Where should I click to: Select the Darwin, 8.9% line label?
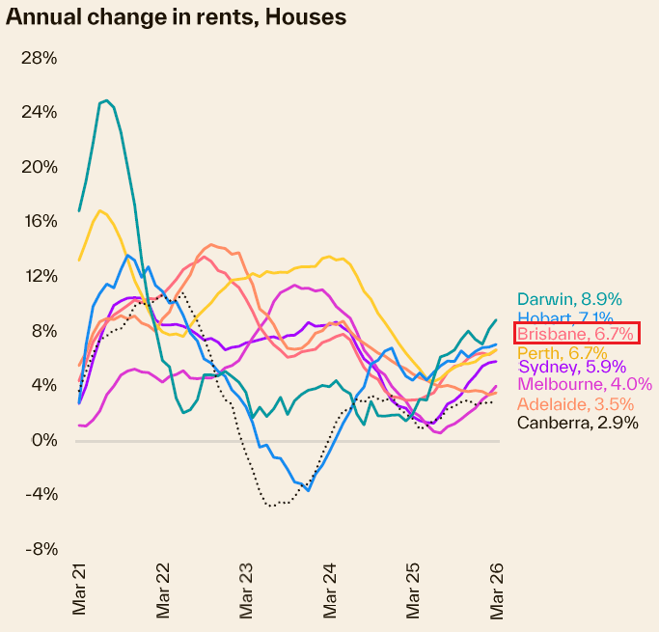point(569,299)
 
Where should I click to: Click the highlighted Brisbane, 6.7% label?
point(576,334)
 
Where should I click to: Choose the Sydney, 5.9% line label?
point(572,367)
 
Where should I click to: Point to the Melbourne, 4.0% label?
point(585,384)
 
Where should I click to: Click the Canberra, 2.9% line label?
point(576,422)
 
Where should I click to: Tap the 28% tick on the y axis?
point(39,58)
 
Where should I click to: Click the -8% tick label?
point(40,549)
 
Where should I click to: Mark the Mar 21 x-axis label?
point(80,591)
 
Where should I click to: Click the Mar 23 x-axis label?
point(247,591)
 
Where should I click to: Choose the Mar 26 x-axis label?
point(498,591)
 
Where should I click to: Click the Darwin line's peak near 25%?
point(106,100)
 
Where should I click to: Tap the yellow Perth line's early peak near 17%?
point(100,210)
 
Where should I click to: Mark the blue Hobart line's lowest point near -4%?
point(308,490)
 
